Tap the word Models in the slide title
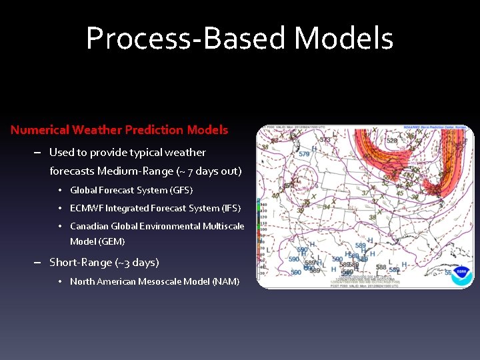point(344,39)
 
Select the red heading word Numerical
point(39,130)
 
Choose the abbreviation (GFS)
point(181,191)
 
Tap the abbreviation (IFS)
point(229,209)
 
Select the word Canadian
point(90,227)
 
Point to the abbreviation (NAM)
point(226,282)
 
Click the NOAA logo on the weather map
point(460,275)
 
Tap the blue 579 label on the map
point(304,155)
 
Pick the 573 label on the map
point(325,140)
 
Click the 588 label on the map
point(381,267)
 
